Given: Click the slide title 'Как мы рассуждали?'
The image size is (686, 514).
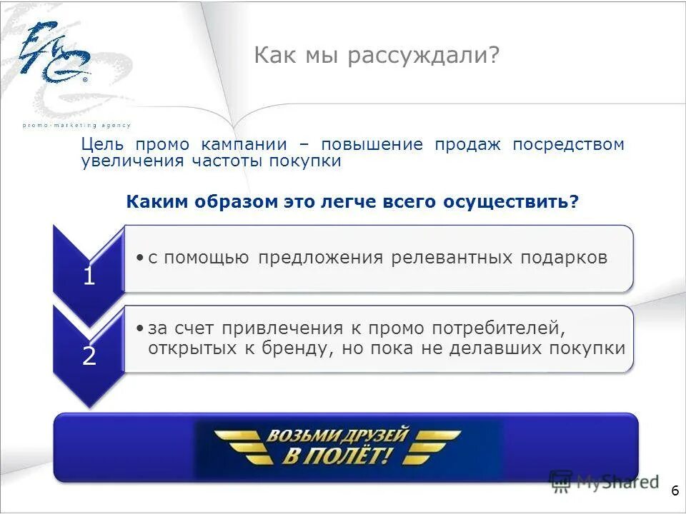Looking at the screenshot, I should pos(376,56).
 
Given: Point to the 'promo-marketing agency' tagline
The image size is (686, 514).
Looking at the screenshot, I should pos(76,126).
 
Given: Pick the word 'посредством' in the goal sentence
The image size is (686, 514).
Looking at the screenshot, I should pos(568,144).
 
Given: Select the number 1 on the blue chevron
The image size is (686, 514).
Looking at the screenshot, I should pos(89,276).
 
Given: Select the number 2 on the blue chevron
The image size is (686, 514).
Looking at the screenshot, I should pos(89,356).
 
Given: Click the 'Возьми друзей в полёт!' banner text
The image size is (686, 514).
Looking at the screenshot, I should pos(337,446).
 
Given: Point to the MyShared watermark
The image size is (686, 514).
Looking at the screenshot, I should pos(604,482).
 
